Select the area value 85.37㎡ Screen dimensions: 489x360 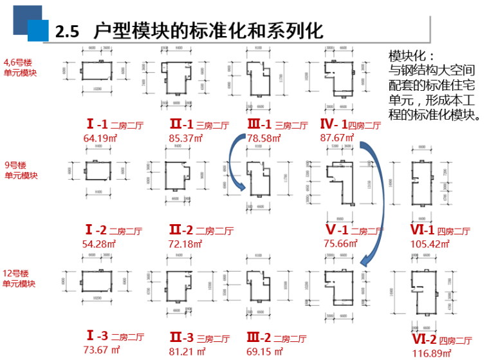click(x=186, y=137)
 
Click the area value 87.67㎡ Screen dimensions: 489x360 click(x=338, y=137)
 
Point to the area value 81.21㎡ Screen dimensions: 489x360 click(x=187, y=350)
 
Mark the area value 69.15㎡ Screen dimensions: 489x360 click(x=264, y=350)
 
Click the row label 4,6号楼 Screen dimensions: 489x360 click(x=17, y=62)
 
